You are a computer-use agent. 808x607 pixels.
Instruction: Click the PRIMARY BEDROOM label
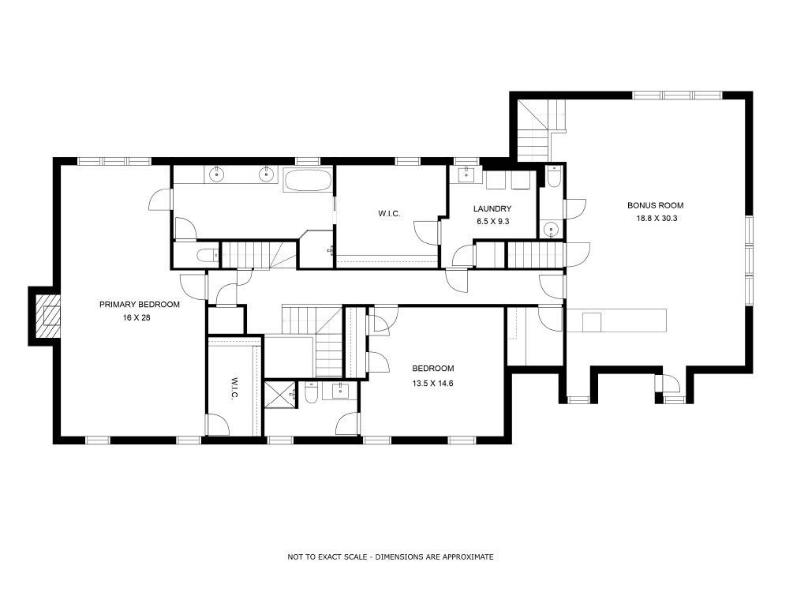[x=139, y=305]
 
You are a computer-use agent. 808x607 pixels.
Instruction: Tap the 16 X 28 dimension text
[x=137, y=318]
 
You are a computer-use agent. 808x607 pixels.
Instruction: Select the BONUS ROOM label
[x=656, y=205]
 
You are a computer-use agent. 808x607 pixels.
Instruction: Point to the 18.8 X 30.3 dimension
[x=656, y=218]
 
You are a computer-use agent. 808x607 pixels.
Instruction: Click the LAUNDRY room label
[x=492, y=208]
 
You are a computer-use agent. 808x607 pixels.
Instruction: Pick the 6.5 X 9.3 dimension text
[x=492, y=222]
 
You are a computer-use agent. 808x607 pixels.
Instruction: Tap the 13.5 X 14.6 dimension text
[x=433, y=384]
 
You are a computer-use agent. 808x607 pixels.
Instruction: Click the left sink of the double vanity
[x=218, y=174]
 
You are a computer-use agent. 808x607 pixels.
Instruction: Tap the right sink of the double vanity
[x=266, y=174]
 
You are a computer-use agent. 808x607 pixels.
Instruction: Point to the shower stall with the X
[x=281, y=394]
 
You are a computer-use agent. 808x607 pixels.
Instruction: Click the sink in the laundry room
[x=466, y=174]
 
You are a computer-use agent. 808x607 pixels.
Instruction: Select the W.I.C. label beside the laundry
[x=389, y=213]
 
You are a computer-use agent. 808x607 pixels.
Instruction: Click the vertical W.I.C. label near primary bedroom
[x=233, y=388]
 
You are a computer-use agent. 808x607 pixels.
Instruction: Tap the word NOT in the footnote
[x=295, y=557]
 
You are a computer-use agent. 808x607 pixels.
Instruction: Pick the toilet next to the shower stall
[x=311, y=392]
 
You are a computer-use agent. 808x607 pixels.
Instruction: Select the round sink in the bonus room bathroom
[x=552, y=228]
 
